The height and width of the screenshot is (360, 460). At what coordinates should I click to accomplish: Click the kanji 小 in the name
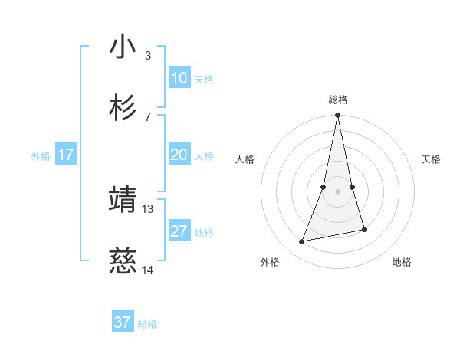pyautogui.click(x=123, y=47)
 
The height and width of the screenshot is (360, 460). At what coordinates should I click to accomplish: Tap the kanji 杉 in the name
pyautogui.click(x=123, y=108)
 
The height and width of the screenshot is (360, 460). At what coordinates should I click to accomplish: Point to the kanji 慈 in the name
pyautogui.click(x=123, y=262)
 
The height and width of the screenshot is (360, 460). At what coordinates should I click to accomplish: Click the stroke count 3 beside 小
pyautogui.click(x=148, y=55)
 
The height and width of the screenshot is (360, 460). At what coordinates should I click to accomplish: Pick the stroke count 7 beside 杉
pyautogui.click(x=148, y=116)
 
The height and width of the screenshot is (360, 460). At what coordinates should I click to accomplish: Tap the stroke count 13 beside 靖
pyautogui.click(x=148, y=208)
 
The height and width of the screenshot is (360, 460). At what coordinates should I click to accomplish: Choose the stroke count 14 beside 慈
pyautogui.click(x=148, y=270)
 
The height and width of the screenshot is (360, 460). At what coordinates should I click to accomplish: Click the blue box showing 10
pyautogui.click(x=179, y=78)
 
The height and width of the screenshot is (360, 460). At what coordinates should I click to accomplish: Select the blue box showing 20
pyautogui.click(x=179, y=155)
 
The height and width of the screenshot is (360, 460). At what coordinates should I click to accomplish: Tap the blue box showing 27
pyautogui.click(x=179, y=231)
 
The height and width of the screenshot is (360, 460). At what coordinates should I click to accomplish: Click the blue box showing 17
pyautogui.click(x=66, y=155)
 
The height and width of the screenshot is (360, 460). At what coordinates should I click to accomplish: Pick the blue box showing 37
pyautogui.click(x=123, y=322)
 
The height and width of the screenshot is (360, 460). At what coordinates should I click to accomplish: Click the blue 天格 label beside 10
pyautogui.click(x=204, y=80)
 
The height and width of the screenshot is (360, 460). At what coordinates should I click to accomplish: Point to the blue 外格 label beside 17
pyautogui.click(x=41, y=156)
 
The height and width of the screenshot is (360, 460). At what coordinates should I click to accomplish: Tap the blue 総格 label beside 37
pyautogui.click(x=147, y=324)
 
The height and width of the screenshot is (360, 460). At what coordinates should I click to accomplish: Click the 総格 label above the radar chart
pyautogui.click(x=338, y=100)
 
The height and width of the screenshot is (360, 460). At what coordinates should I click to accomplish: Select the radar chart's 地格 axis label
pyautogui.click(x=402, y=262)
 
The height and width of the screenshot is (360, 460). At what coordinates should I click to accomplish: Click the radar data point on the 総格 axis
pyautogui.click(x=338, y=116)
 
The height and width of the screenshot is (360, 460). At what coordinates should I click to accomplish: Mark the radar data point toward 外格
pyautogui.click(x=302, y=242)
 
